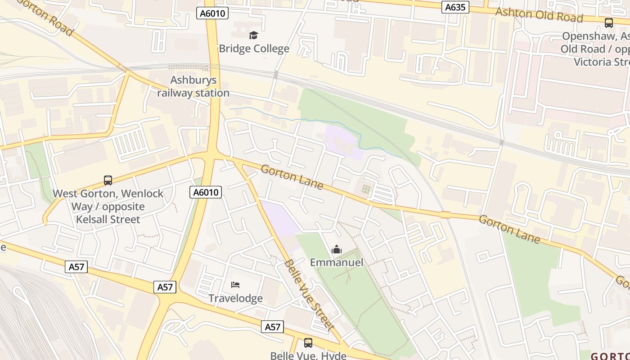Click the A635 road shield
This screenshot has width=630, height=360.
pos(455,7)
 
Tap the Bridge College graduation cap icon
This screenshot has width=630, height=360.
pos(254,35)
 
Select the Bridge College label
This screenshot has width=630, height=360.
pos(254,49)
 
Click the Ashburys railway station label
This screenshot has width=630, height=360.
pos(193,86)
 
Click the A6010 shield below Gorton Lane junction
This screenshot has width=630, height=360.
pos(206,193)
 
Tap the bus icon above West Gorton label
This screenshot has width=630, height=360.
pos(108,180)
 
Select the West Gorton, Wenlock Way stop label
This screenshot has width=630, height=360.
pos(108,207)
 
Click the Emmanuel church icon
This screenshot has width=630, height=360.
pos(337,249)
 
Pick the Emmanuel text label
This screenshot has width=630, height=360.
pos(337,262)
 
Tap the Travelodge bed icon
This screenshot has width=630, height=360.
pos(235,285)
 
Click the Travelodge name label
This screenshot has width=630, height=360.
pos(235,298)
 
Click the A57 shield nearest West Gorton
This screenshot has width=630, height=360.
pos(76,267)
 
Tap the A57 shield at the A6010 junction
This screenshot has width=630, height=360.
pos(165,287)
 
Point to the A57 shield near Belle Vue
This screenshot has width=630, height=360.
pos(273,327)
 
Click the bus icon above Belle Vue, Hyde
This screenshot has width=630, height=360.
pos(308,343)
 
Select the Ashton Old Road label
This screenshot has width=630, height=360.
pos(539,15)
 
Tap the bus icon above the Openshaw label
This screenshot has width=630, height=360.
pos(609,23)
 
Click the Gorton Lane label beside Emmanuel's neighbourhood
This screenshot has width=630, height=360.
pos(292,177)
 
